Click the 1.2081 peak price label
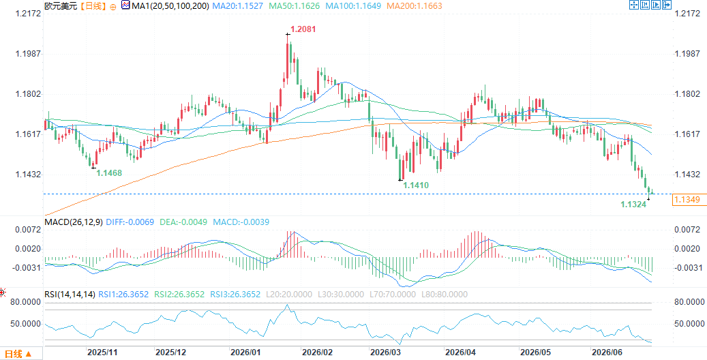tap(303, 29)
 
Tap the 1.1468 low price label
tap(110, 172)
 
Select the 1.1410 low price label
tap(416, 185)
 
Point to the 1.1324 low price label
tap(634, 205)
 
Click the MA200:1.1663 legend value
tap(415, 6)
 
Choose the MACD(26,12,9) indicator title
tap(74, 222)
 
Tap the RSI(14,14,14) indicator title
tap(70, 295)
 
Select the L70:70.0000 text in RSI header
tap(391, 295)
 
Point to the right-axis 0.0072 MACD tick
tap(687, 230)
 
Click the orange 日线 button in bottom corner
tap(18, 354)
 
